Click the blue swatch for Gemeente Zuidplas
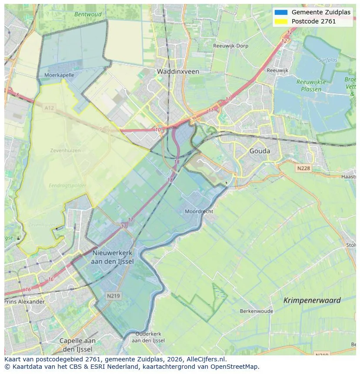[x=281, y=12]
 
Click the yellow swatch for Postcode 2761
[x=281, y=21]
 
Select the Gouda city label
[x=260, y=151]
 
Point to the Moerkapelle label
[x=59, y=75]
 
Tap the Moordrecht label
[x=199, y=211]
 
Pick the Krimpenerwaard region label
[x=312, y=300]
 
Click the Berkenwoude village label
[x=257, y=311]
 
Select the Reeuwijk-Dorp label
[x=230, y=46]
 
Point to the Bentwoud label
[x=88, y=14]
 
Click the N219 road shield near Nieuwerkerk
[x=113, y=295]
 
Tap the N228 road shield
[x=304, y=168]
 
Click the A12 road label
[x=49, y=108]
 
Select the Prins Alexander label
[x=25, y=301]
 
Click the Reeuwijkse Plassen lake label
[x=309, y=86]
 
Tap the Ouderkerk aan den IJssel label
[x=148, y=337]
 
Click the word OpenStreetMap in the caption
[x=237, y=366]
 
